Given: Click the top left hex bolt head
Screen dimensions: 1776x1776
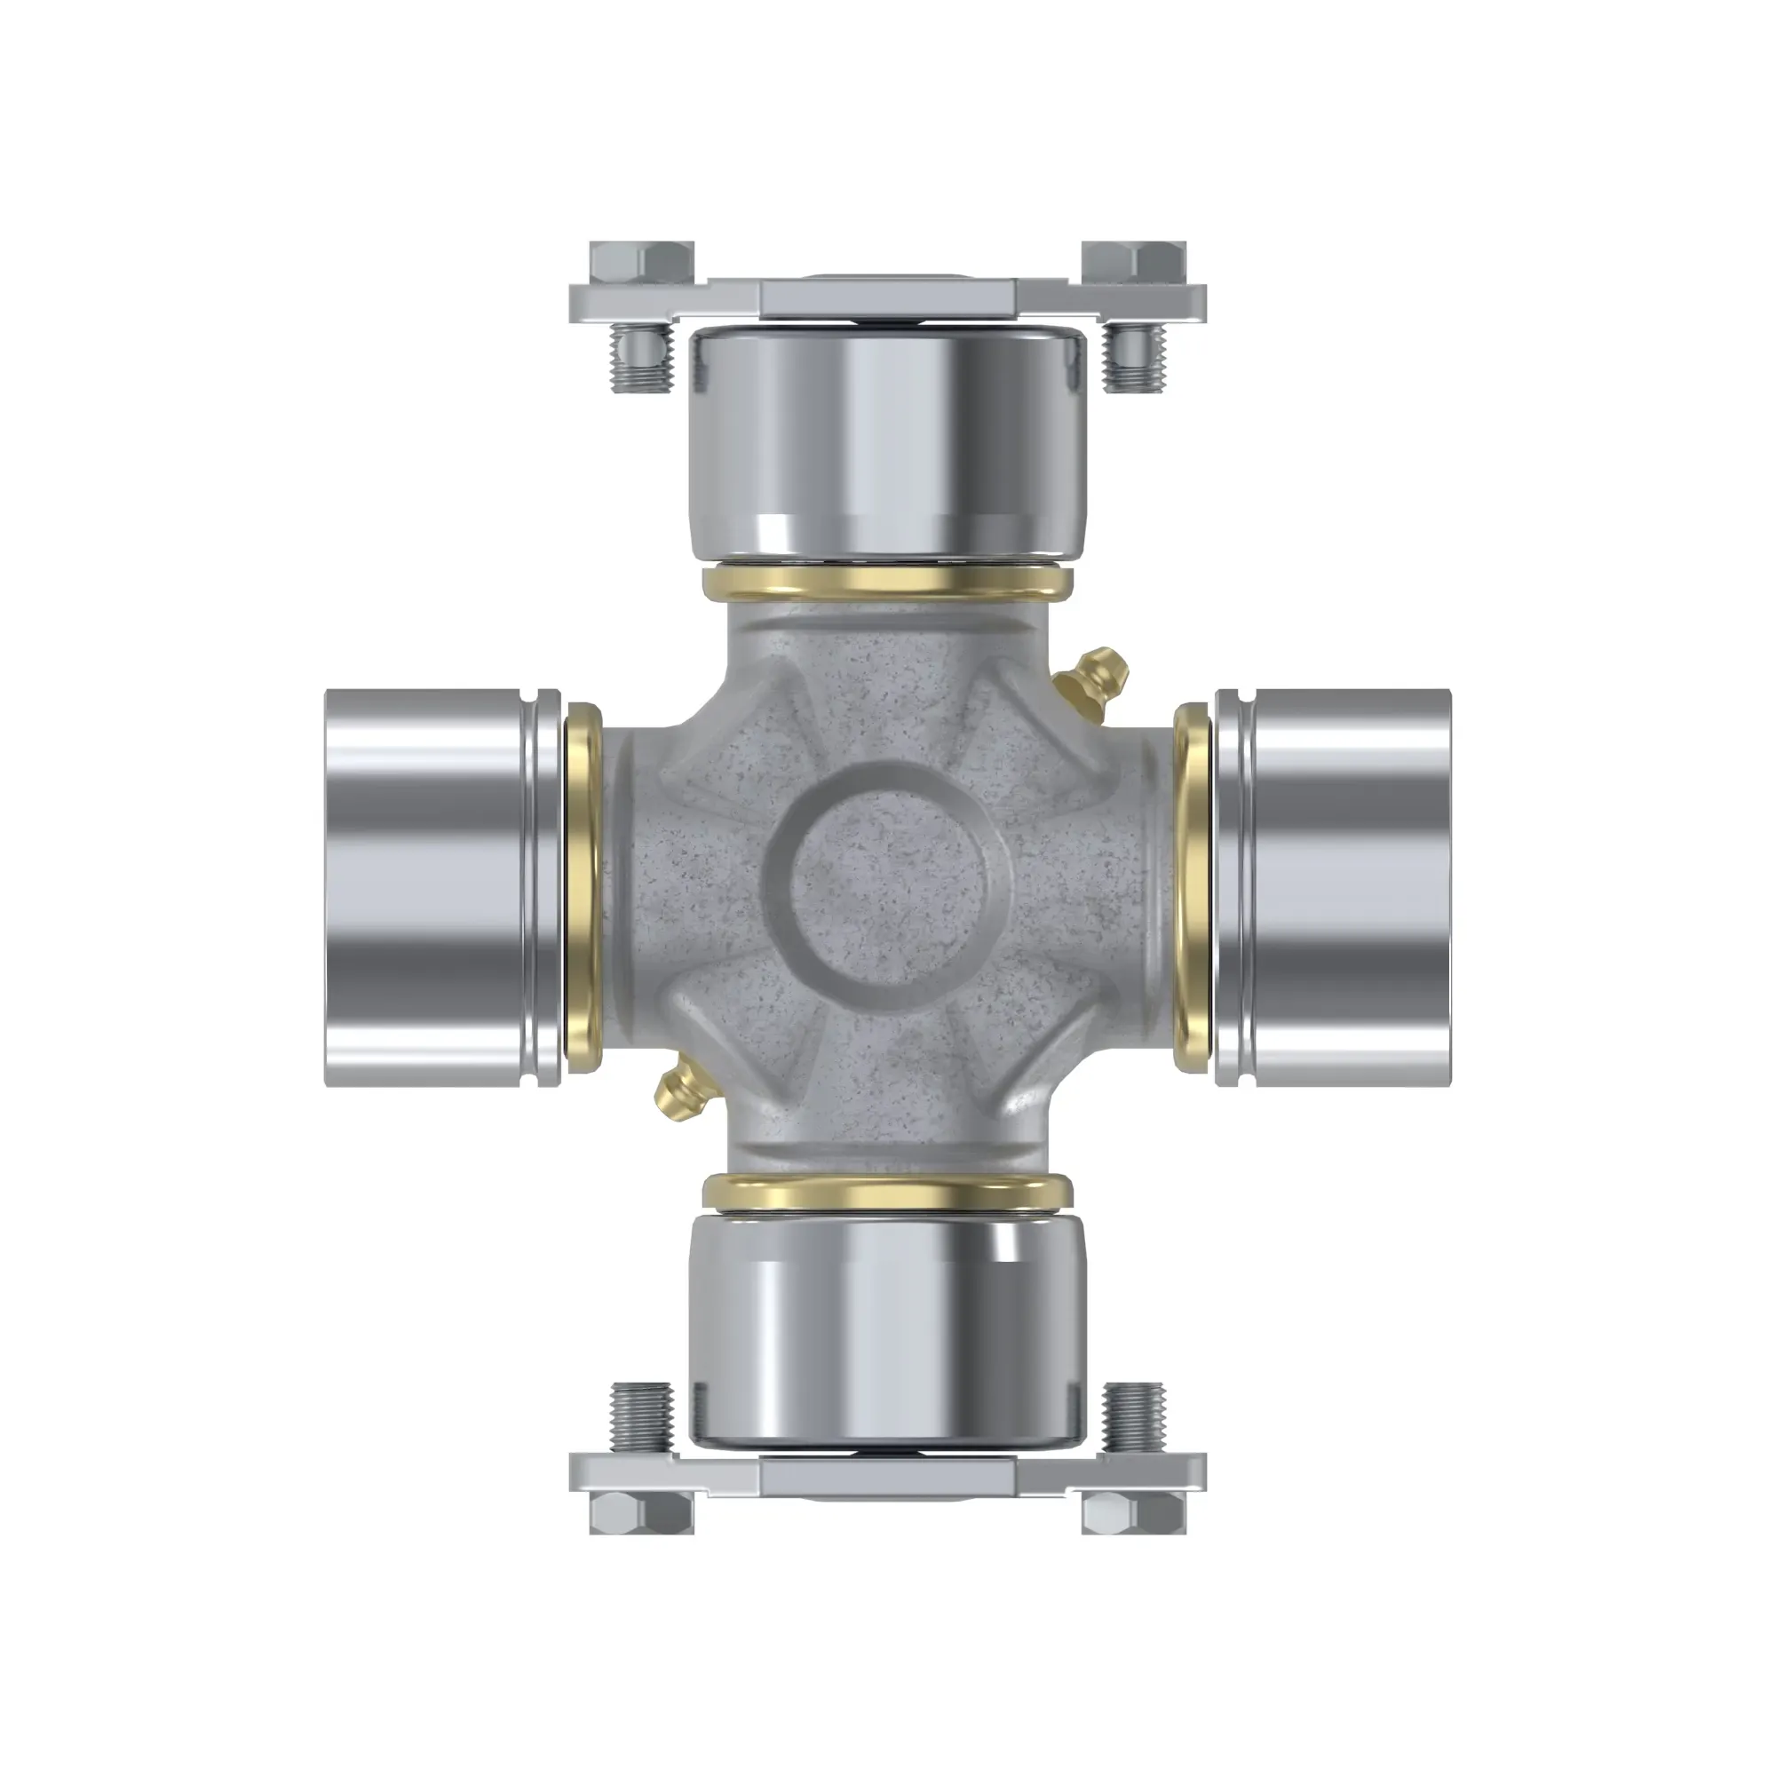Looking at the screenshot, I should pyautogui.click(x=642, y=263).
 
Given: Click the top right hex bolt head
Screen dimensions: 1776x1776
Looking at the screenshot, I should pyautogui.click(x=1133, y=263).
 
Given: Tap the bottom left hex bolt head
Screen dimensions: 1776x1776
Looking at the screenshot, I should pyautogui.click(x=642, y=1512).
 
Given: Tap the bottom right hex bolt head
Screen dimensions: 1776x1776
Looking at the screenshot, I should pyautogui.click(x=1133, y=1512).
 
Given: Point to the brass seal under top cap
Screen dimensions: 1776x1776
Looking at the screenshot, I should pyautogui.click(x=887, y=583).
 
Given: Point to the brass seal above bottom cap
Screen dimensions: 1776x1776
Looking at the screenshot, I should pyautogui.click(x=887, y=1192).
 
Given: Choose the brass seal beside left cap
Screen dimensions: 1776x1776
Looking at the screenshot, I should pyautogui.click(x=582, y=887).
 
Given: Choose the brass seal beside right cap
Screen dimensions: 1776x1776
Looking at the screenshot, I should pyautogui.click(x=1193, y=887).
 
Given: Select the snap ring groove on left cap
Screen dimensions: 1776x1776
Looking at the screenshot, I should pyautogui.click(x=535, y=887).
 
